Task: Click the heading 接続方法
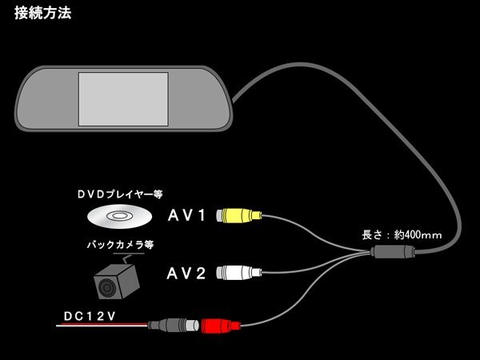(43, 13)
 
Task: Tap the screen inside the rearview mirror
(123, 99)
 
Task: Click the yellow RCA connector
(239, 215)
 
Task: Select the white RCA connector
(239, 273)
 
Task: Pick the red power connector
(221, 326)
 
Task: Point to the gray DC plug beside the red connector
(174, 325)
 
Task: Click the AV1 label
(186, 215)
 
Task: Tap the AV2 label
(186, 273)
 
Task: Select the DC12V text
(90, 316)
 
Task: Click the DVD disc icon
(120, 216)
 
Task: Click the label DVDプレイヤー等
(120, 194)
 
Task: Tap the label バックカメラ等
(120, 245)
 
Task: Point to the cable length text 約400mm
(418, 234)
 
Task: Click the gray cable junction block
(393, 252)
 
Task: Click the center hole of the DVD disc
(118, 216)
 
